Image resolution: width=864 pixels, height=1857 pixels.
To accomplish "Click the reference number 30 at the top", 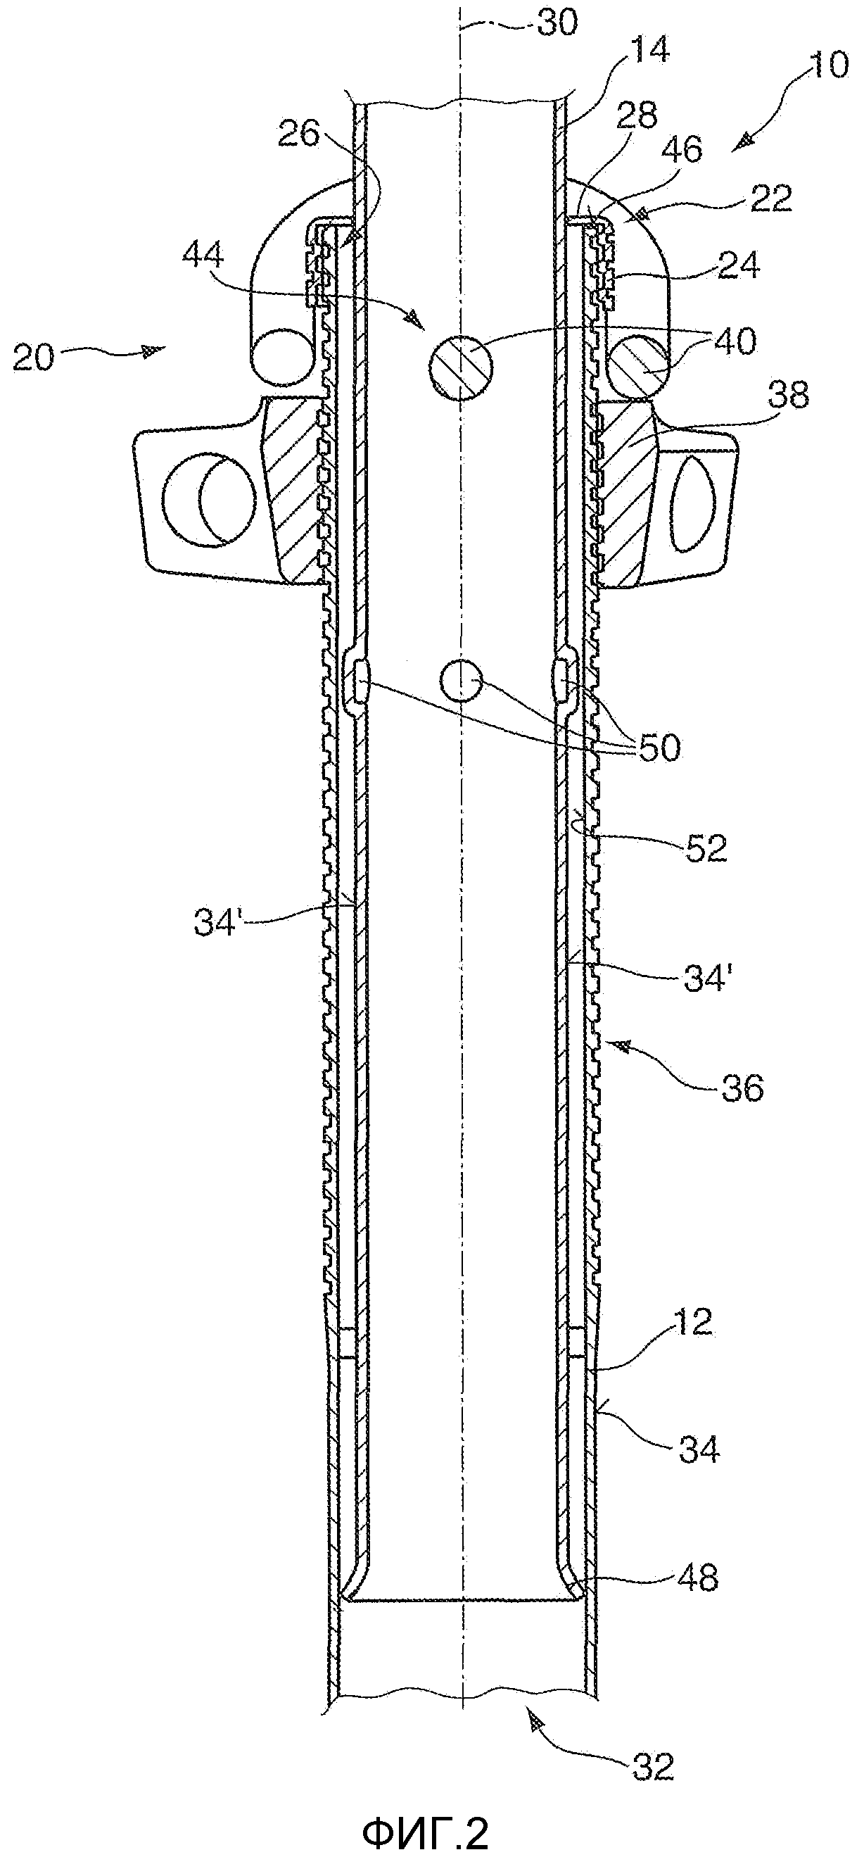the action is (x=558, y=24).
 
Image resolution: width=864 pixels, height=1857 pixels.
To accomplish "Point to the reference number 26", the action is (x=299, y=134).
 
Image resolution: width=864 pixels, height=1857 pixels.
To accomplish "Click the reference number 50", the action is (x=659, y=748).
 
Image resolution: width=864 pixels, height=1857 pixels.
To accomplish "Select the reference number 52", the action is (x=707, y=848).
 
